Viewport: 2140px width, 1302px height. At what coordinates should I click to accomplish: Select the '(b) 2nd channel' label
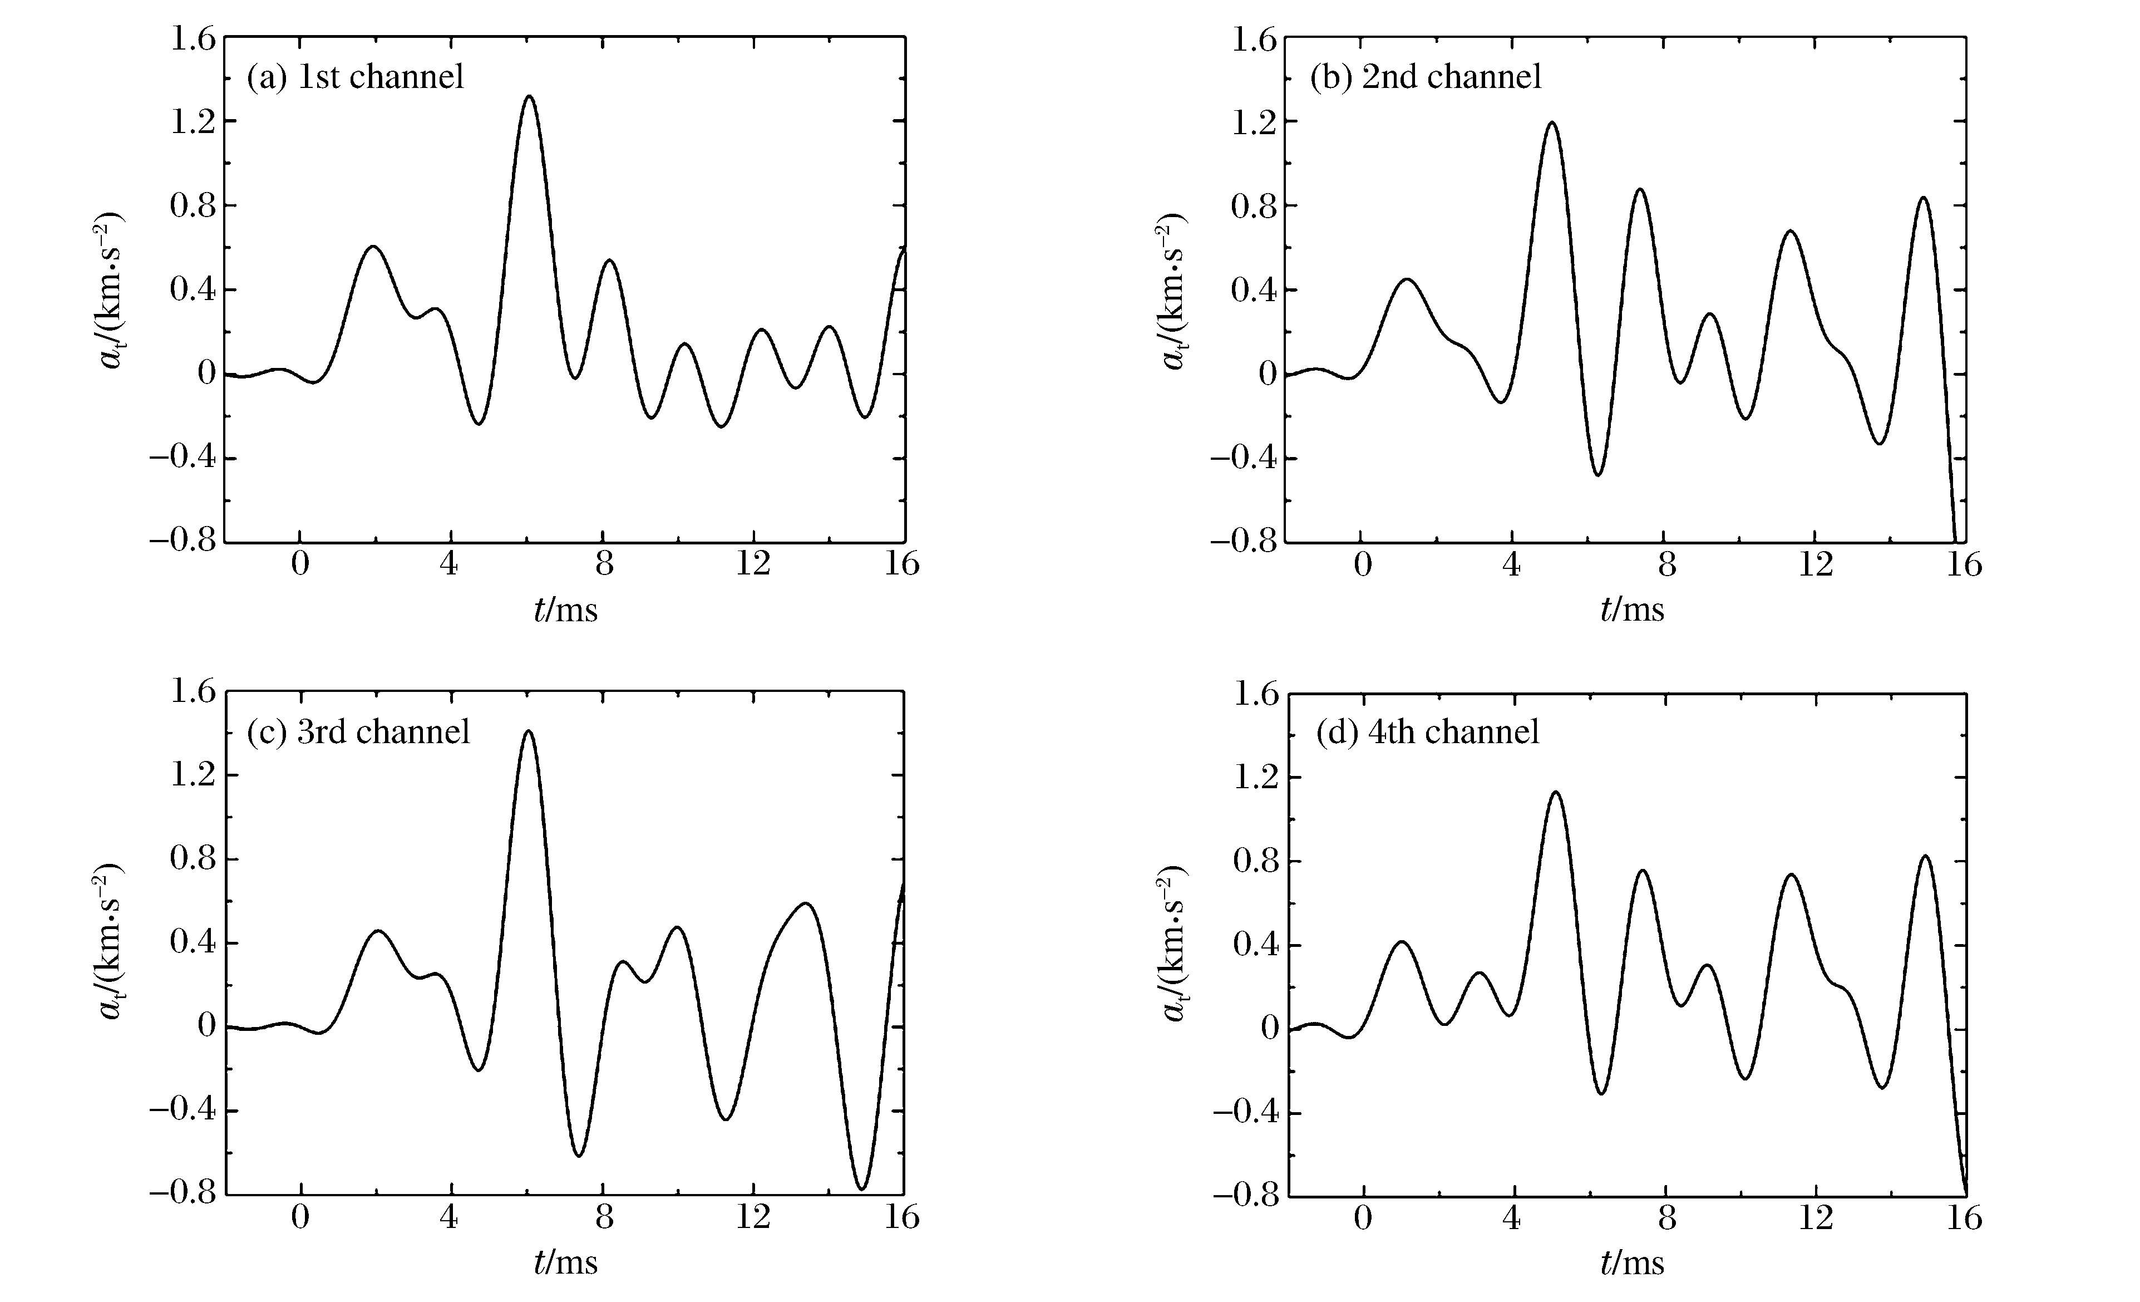pyautogui.click(x=1425, y=77)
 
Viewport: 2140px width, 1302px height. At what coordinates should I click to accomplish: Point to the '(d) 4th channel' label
pyautogui.click(x=1428, y=731)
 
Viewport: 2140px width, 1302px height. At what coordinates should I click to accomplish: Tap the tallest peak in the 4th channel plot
pyautogui.click(x=1555, y=792)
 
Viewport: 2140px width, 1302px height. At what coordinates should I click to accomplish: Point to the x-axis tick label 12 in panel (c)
pyautogui.click(x=752, y=1218)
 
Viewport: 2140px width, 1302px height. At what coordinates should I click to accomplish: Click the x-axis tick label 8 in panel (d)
pyautogui.click(x=1666, y=1219)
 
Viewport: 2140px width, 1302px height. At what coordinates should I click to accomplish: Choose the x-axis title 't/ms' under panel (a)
pyautogui.click(x=565, y=611)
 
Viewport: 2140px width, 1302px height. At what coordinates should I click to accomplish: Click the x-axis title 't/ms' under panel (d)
pyautogui.click(x=1632, y=1264)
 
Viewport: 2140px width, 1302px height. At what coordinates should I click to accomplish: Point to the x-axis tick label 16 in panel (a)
pyautogui.click(x=901, y=564)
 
